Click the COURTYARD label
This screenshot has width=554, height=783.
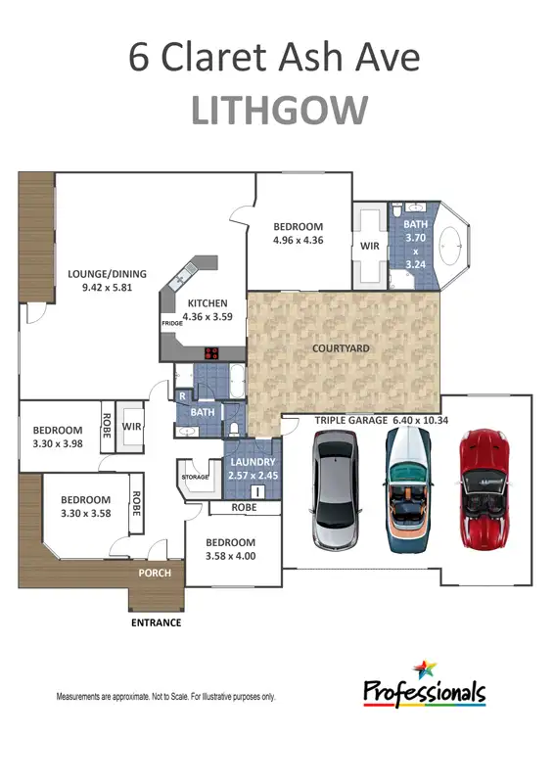point(341,348)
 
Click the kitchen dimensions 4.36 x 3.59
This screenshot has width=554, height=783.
point(208,316)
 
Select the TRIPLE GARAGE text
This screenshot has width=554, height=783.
point(348,420)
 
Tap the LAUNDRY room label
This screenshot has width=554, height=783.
point(253,462)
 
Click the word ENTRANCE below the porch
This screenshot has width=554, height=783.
point(157,622)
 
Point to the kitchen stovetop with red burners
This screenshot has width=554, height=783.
point(211,354)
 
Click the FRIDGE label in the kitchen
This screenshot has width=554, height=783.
point(172,322)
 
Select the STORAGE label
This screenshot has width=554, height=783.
point(196,477)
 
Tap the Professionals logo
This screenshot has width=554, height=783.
point(425,685)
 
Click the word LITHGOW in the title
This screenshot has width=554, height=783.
point(278,111)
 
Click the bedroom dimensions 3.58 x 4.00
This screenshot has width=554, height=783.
point(231,556)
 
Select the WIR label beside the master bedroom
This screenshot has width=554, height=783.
point(369,247)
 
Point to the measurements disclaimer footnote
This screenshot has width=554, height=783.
point(165,697)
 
